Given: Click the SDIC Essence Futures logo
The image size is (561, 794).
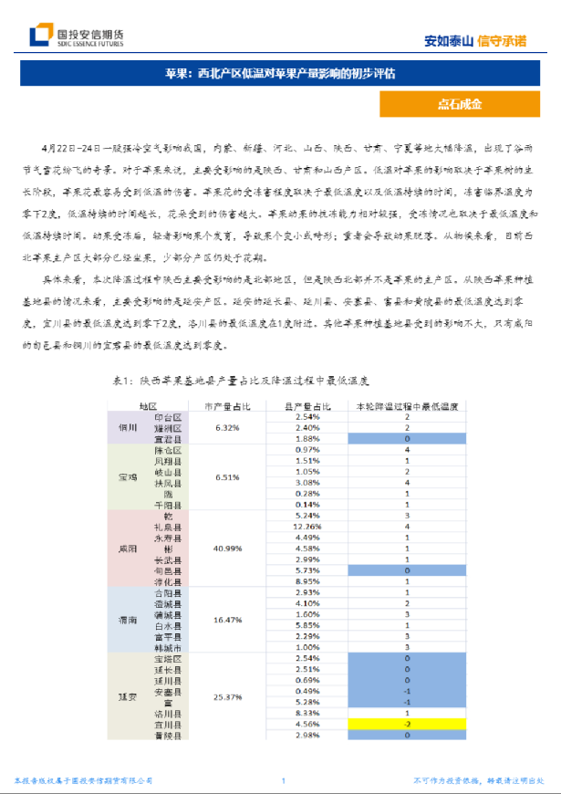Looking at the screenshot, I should pos(77,36).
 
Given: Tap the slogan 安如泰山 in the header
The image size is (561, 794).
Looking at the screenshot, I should pos(449,40).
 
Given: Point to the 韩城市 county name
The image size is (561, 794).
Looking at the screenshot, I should pos(168,647).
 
